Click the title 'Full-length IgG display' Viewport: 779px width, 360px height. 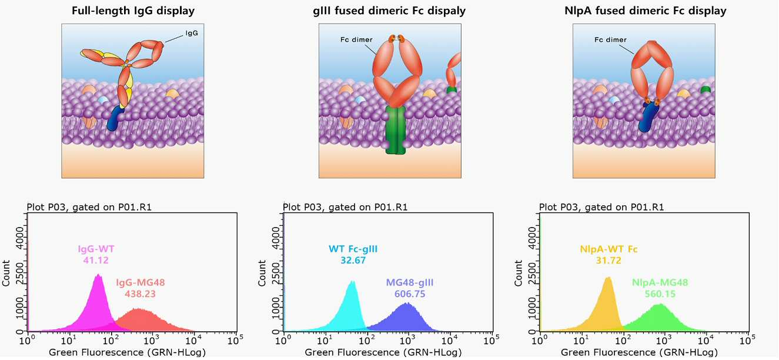click(133, 11)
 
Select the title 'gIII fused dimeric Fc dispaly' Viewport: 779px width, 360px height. click(389, 11)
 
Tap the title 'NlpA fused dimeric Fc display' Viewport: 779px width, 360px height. click(645, 11)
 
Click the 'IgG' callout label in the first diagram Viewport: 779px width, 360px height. click(192, 33)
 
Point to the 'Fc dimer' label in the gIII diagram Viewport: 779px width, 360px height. click(356, 39)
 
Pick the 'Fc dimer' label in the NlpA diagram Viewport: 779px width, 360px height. click(610, 39)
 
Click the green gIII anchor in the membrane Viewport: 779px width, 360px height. click(396, 130)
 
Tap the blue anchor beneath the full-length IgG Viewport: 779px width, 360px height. click(115, 118)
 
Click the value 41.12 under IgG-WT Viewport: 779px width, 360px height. click(96, 260)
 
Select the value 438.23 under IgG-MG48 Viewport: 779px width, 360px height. click(140, 294)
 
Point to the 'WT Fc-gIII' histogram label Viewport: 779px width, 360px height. click(353, 249)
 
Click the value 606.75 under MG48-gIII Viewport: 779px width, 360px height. click(410, 294)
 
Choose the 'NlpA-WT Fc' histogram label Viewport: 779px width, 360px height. click(609, 249)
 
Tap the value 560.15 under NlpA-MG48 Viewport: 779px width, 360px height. click(660, 294)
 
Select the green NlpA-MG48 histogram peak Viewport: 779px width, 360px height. click(659, 305)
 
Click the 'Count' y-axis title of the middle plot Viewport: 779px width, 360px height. click(262, 273)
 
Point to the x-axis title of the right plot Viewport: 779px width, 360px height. click(639, 352)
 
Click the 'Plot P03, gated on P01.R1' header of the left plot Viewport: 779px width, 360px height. click(89, 207)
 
